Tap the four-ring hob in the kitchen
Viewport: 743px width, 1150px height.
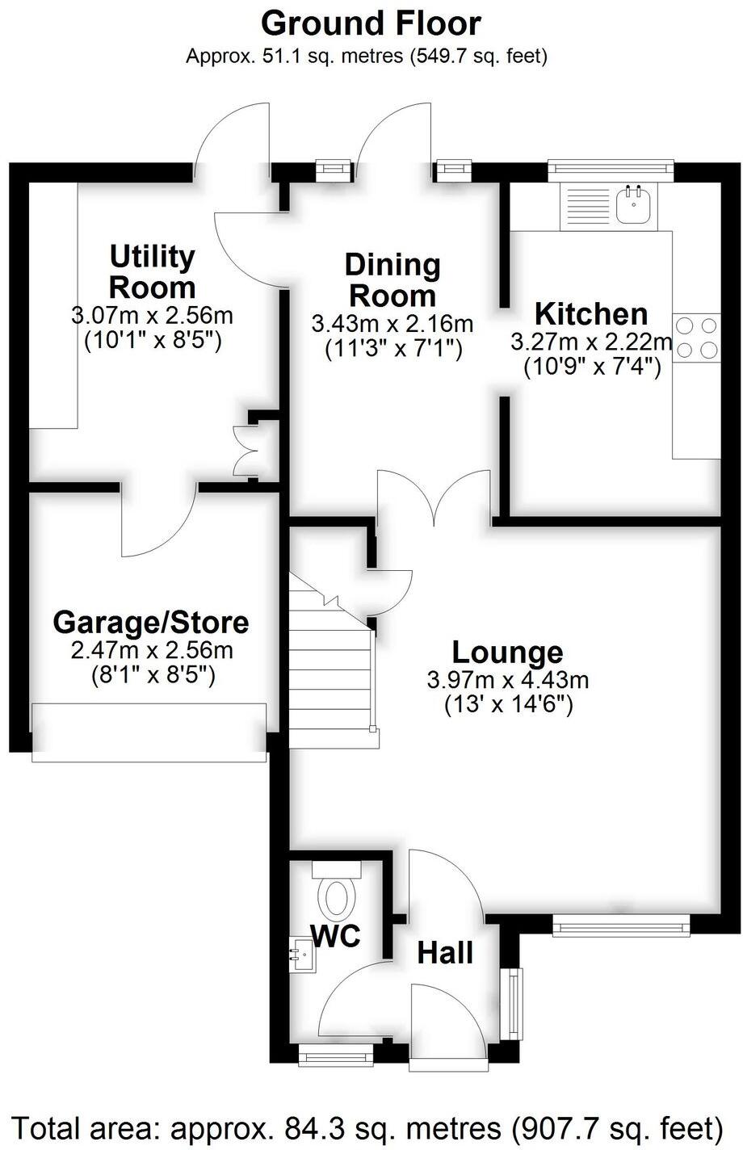[696, 338]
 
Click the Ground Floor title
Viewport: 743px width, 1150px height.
[371, 23]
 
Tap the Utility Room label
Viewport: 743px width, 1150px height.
[153, 271]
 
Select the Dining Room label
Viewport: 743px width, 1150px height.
[392, 279]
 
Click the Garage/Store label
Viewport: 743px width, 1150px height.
[151, 623]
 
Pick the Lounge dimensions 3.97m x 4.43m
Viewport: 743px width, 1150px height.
[508, 680]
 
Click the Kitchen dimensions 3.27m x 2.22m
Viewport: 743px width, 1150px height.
[591, 342]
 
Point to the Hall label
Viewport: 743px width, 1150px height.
[445, 953]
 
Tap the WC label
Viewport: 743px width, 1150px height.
[335, 936]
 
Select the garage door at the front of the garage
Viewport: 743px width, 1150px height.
[149, 732]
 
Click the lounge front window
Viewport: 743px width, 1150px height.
[621, 924]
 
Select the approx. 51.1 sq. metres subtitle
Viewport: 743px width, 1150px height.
[367, 57]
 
